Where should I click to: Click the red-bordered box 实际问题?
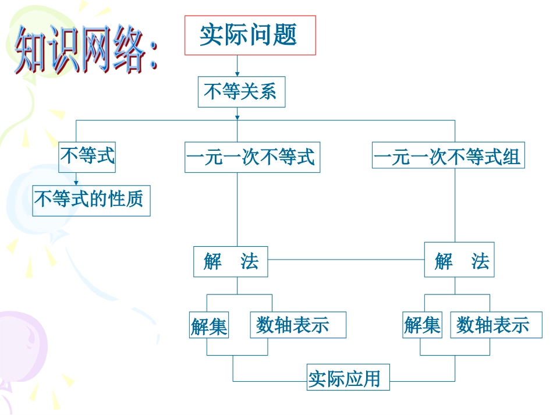(250, 36)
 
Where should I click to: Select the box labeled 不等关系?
(242, 93)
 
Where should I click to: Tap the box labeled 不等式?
(87, 157)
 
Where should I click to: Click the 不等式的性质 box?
(91, 200)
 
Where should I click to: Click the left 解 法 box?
(231, 261)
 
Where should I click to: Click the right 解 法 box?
(459, 261)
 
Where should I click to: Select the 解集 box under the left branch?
(209, 325)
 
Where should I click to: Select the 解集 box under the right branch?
(423, 325)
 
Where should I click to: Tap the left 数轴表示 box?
(298, 325)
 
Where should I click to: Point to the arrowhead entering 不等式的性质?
(76, 183)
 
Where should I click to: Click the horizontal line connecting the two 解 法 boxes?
(346, 260)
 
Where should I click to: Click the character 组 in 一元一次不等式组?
(512, 158)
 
